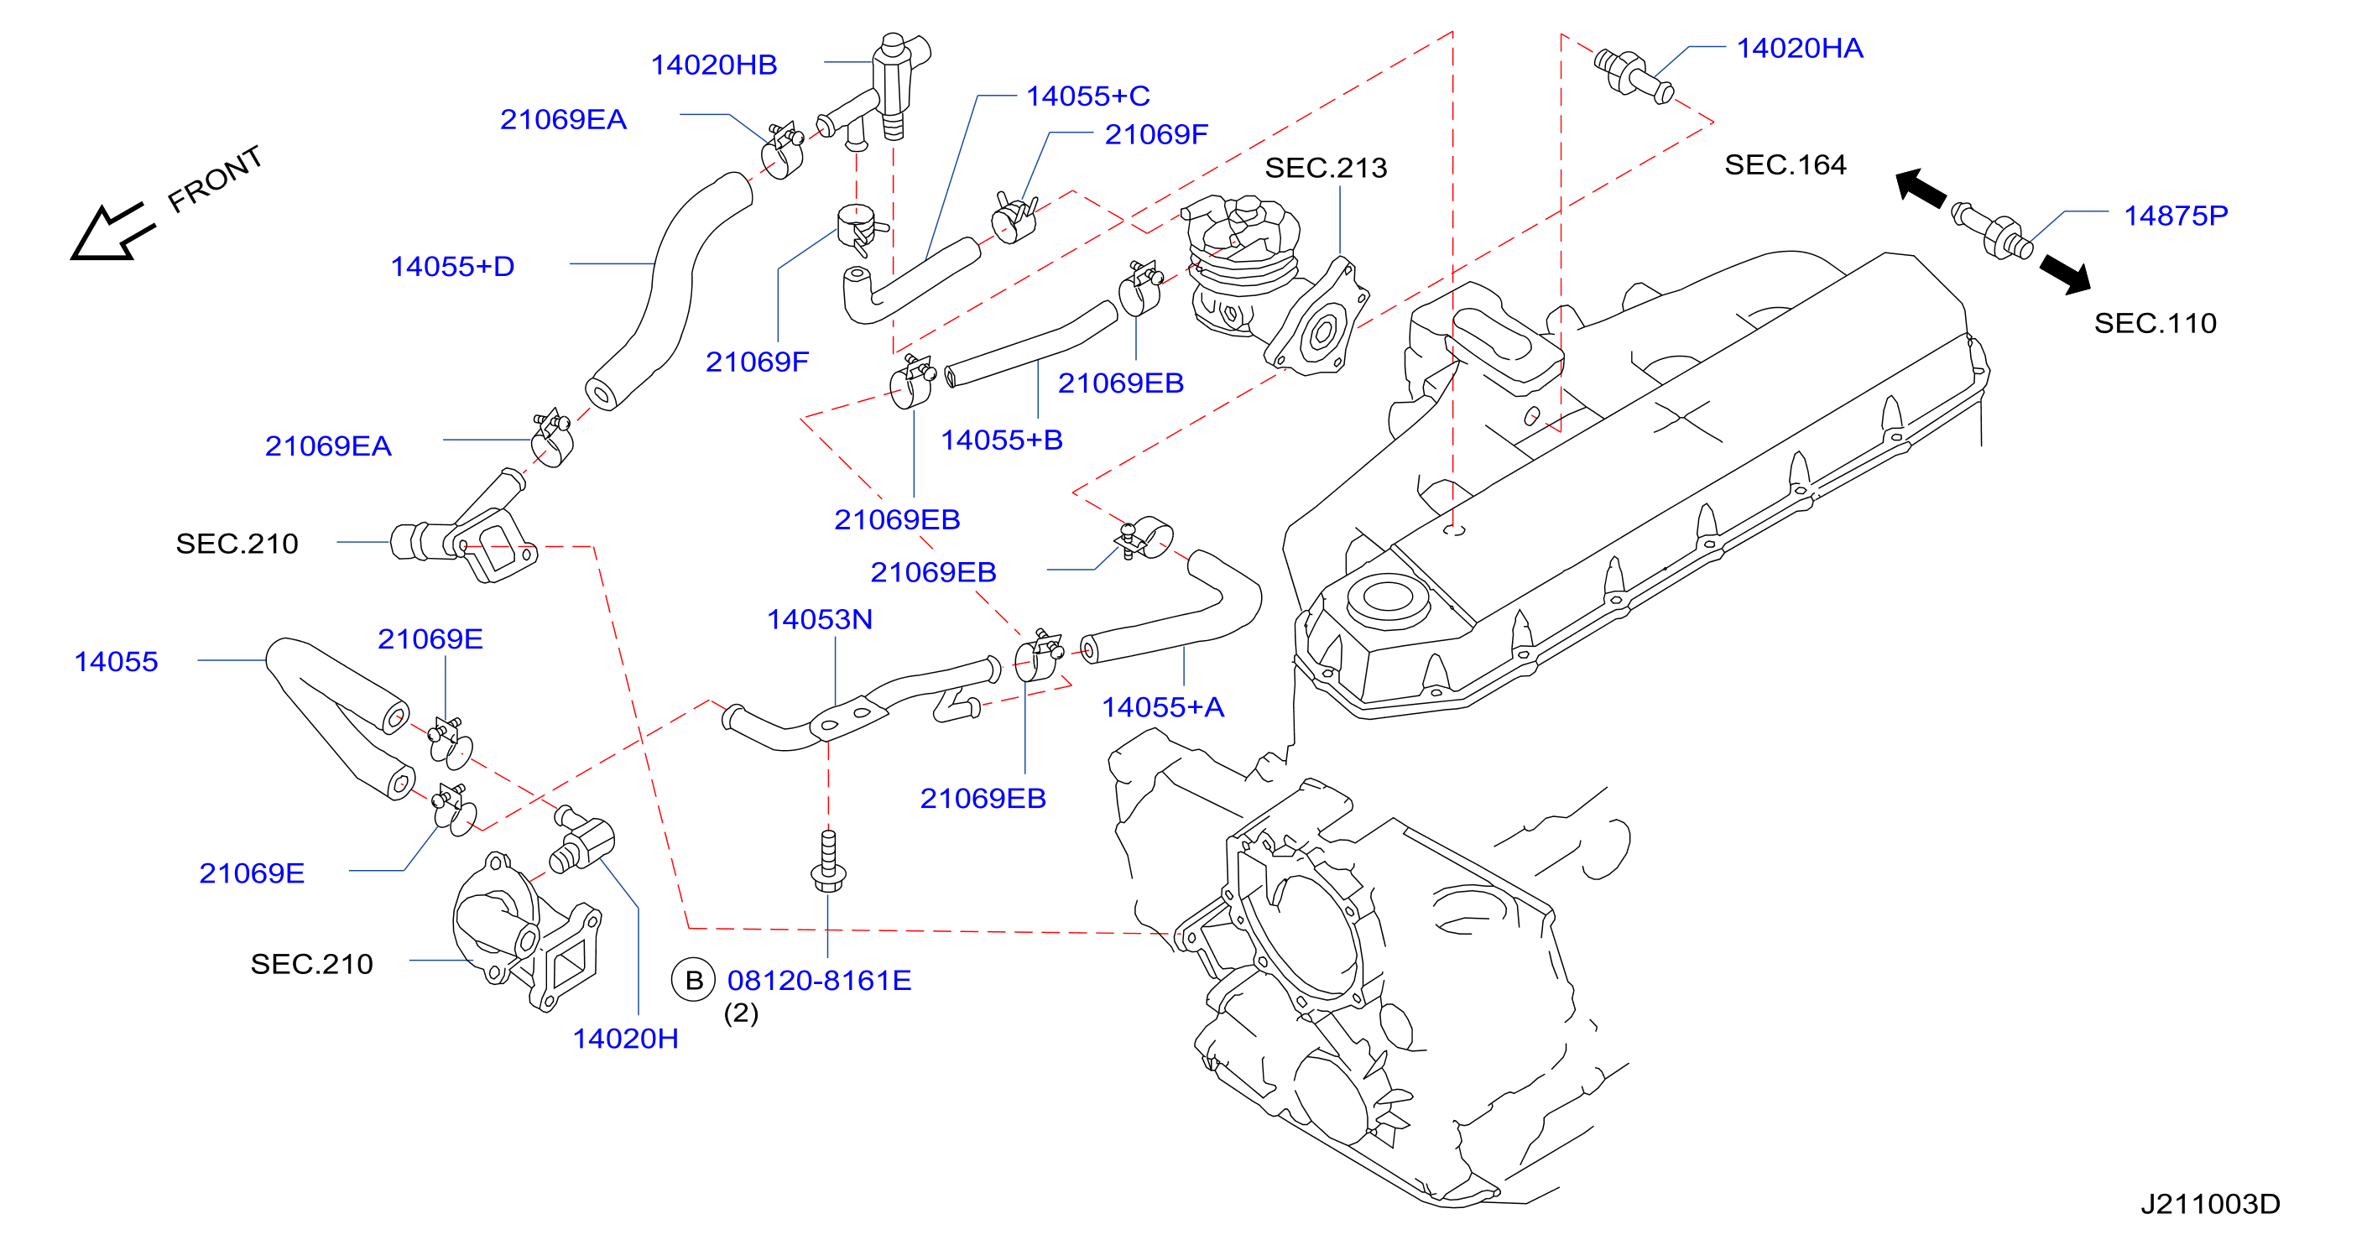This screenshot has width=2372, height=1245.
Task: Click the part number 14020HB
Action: (x=714, y=65)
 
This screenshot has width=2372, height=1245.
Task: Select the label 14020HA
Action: (x=1799, y=48)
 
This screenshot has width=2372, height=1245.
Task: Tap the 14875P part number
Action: (x=2176, y=216)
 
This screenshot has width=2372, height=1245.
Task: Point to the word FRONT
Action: (x=216, y=179)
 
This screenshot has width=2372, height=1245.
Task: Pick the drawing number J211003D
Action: (x=2210, y=1204)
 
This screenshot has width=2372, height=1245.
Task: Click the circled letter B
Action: (x=694, y=981)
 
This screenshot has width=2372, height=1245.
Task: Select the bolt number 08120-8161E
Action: (x=820, y=980)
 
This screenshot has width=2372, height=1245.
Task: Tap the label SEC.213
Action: (x=1326, y=168)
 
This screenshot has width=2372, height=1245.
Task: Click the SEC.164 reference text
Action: (x=1786, y=164)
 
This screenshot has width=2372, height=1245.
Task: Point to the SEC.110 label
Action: (x=2156, y=323)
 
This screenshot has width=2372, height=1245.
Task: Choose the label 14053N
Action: (x=820, y=619)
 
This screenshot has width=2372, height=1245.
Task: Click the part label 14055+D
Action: (x=452, y=266)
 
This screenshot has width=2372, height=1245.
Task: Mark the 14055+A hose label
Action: (x=1163, y=707)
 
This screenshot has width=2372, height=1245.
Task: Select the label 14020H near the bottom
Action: (x=625, y=1039)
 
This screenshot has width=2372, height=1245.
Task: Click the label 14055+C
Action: (x=1088, y=96)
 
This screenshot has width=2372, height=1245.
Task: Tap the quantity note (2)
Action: (x=741, y=1013)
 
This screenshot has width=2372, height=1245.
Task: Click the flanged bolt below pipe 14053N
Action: (x=829, y=861)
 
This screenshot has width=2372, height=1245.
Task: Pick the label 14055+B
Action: (x=1002, y=440)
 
